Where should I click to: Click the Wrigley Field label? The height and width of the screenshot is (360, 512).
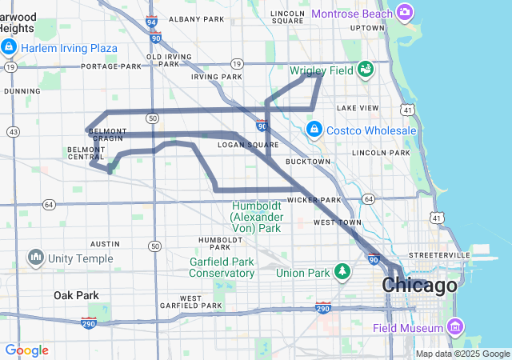click(x=322, y=70)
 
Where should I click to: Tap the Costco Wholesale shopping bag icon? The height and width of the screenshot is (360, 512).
click(x=314, y=130)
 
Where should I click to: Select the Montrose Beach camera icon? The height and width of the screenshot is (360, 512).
click(x=405, y=13)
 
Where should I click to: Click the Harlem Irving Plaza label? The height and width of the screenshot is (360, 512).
click(x=68, y=48)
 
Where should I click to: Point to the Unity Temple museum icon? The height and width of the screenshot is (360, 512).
click(x=35, y=258)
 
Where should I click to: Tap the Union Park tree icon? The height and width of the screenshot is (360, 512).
click(x=342, y=273)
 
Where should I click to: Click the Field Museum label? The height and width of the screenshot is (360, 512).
click(x=407, y=328)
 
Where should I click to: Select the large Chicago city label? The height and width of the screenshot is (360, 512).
click(x=420, y=285)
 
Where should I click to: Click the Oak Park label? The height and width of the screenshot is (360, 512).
click(x=76, y=296)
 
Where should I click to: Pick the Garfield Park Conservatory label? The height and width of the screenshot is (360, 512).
click(x=222, y=267)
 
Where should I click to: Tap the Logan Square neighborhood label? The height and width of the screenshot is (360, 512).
click(x=248, y=145)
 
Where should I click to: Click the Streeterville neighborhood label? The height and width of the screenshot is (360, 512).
click(x=439, y=254)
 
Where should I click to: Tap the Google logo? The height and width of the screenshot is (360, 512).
click(x=26, y=350)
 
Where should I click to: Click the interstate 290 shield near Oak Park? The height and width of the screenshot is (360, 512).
click(x=89, y=322)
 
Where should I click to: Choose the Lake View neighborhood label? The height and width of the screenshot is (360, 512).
click(x=358, y=107)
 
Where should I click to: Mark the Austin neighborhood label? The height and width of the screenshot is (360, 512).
click(x=105, y=243)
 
